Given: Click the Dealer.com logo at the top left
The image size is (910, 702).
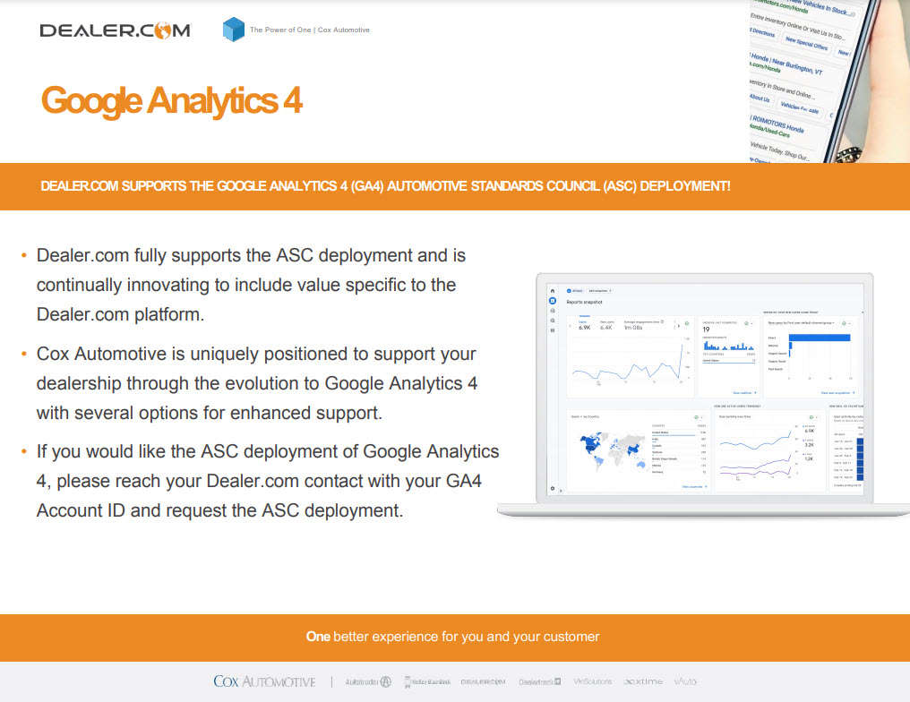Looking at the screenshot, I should tap(115, 30).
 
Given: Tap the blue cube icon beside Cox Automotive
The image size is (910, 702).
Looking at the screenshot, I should tap(233, 30).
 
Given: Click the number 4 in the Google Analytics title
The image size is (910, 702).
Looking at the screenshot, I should tap(292, 101).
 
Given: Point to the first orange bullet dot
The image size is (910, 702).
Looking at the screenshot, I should tap(23, 257).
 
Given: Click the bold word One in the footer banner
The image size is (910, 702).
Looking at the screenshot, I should tap(318, 637).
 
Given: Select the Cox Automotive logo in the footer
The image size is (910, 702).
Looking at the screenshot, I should tap(264, 681).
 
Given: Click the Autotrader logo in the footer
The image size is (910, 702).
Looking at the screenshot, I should tap(368, 681).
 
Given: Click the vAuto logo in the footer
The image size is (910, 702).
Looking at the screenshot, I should tap(685, 681).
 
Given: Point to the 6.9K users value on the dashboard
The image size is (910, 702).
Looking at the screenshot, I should tap(585, 328).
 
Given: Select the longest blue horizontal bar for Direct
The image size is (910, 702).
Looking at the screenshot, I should tap(820, 338).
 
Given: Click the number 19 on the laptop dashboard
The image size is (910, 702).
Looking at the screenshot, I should tap(706, 330).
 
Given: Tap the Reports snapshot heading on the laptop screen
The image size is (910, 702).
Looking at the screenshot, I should tap(584, 303).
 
